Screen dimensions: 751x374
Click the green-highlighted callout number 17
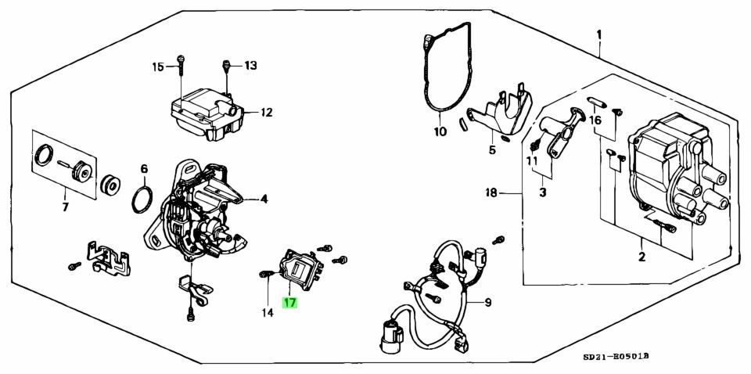tap(290, 303)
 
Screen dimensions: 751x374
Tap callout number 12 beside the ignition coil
tap(266, 113)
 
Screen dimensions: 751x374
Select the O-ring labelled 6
tap(142, 200)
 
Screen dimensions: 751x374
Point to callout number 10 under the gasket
tap(440, 131)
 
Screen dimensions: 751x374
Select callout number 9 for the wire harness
tap(487, 303)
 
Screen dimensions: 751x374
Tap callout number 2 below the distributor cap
tap(641, 257)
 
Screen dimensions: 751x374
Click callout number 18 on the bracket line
tap(491, 193)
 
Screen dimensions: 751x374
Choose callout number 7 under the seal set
tap(65, 208)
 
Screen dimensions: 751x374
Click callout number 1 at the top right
tap(598, 34)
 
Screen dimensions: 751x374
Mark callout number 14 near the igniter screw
tap(268, 313)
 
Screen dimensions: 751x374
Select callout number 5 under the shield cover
tap(492, 150)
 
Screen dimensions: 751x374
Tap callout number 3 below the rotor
tap(543, 193)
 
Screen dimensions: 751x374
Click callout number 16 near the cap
tap(595, 120)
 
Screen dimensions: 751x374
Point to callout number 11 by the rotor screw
tap(532, 161)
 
